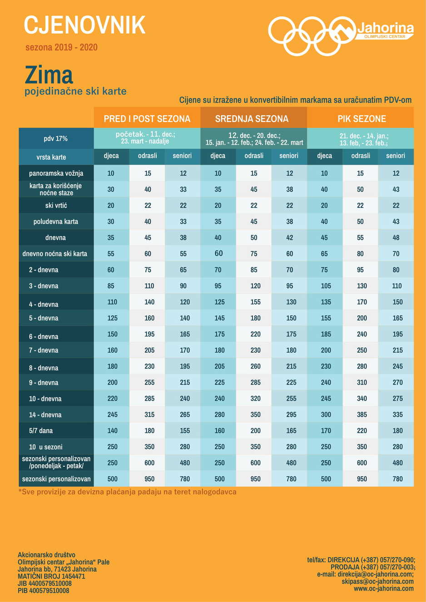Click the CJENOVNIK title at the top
click(x=84, y=25)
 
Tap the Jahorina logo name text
click(x=385, y=28)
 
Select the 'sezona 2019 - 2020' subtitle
click(x=62, y=48)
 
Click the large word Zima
click(x=49, y=75)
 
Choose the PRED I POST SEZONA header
click(x=147, y=119)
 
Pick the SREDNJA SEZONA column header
click(x=252, y=119)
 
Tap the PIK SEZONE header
click(x=362, y=119)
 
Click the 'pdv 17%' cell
click(x=56, y=138)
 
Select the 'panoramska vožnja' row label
click(x=56, y=173)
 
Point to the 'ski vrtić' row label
click(x=56, y=206)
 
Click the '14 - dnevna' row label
click(x=45, y=414)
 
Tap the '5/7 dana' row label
click(x=41, y=431)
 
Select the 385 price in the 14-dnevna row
click(x=362, y=414)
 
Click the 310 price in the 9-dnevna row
click(x=362, y=382)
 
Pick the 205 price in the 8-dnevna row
click(x=219, y=366)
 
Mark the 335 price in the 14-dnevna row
click(x=397, y=414)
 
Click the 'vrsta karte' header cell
click(x=51, y=157)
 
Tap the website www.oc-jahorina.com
click(x=383, y=588)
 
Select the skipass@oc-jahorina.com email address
click(x=377, y=581)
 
